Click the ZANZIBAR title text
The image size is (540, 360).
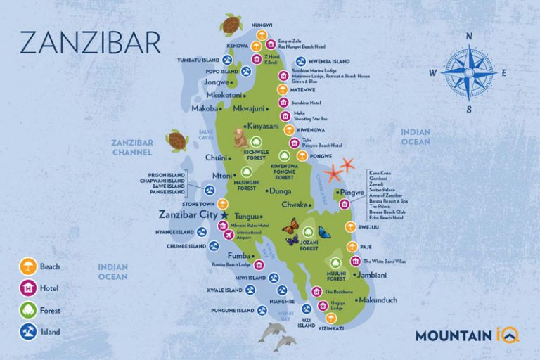[x=90, y=41]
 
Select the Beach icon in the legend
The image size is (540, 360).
[x=28, y=266]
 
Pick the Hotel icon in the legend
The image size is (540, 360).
[x=28, y=288]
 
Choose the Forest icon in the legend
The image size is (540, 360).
[x=28, y=310]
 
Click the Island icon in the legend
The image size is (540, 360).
[x=28, y=332]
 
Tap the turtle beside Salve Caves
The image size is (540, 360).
[x=178, y=141]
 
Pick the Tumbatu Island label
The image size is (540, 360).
[x=200, y=60]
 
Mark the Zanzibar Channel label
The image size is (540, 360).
[x=131, y=147]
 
